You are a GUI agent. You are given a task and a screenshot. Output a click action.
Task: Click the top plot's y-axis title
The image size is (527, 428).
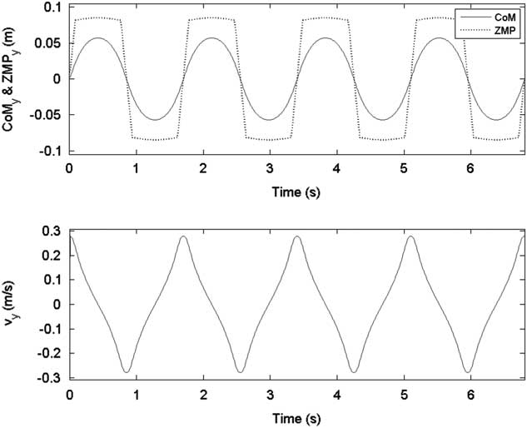click(11, 79)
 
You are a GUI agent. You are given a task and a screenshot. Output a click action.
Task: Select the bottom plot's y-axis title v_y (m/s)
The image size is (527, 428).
click(11, 304)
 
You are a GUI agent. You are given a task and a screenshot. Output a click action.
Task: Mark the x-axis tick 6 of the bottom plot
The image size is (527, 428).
click(470, 392)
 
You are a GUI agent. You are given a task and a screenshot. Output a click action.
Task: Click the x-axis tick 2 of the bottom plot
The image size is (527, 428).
click(202, 392)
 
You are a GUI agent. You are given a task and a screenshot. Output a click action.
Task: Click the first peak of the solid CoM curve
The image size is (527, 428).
click(98, 38)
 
